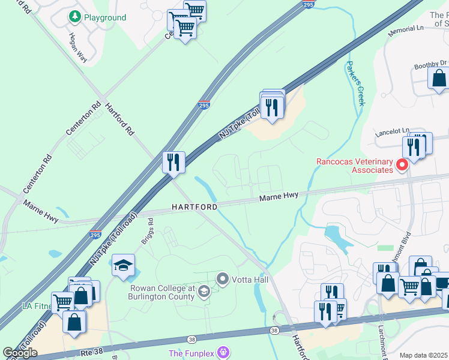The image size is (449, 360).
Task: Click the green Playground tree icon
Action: (x=74, y=17)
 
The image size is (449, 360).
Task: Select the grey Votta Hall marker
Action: (x=223, y=279)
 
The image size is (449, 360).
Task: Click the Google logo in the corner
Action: (x=20, y=353)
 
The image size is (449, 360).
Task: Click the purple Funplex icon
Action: (x=223, y=352)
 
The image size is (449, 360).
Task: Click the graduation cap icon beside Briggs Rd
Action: (x=123, y=265)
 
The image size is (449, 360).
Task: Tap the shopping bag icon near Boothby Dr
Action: (x=439, y=78)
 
